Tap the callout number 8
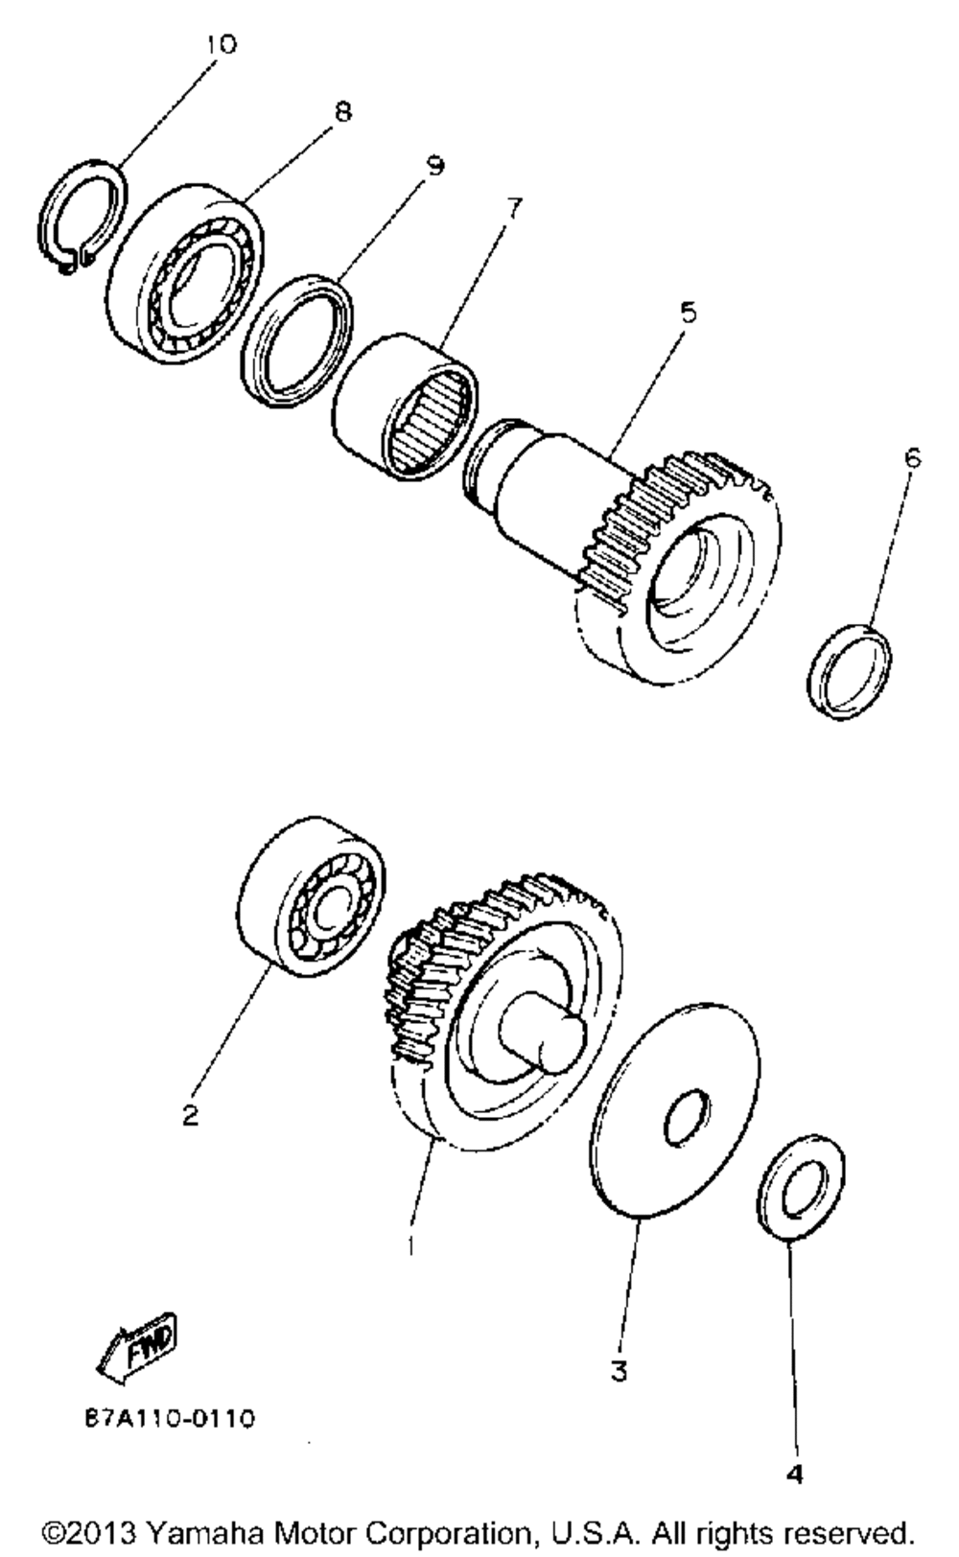(342, 111)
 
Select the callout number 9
(434, 166)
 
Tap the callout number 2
(191, 1115)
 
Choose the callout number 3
(619, 1372)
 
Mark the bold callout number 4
(794, 1476)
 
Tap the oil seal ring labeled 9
(296, 336)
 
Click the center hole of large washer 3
(686, 1117)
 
